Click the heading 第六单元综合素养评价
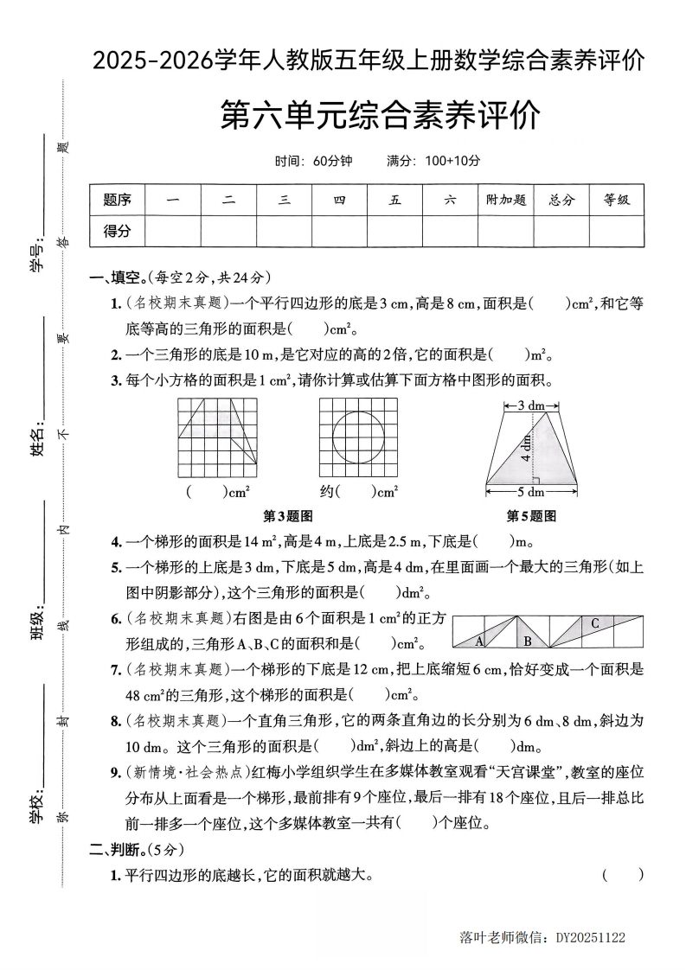(x=381, y=115)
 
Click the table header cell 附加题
(x=505, y=200)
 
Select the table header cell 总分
(x=561, y=200)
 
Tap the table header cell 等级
(x=617, y=200)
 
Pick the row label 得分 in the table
(x=117, y=231)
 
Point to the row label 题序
(x=117, y=200)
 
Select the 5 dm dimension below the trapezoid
(x=531, y=493)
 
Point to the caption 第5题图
(x=531, y=516)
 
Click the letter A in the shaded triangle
(x=479, y=640)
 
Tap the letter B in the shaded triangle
(x=527, y=641)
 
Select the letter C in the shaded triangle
(x=595, y=623)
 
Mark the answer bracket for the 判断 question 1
(x=623, y=875)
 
